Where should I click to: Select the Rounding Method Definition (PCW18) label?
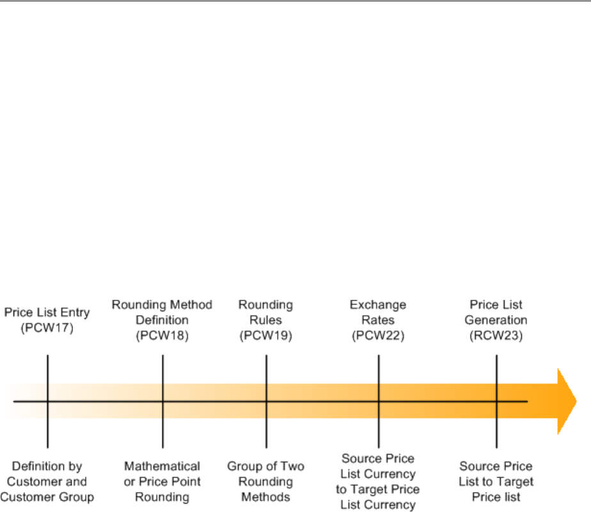coord(162,319)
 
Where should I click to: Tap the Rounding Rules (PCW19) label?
coord(265,319)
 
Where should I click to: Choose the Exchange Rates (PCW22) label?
coord(378,319)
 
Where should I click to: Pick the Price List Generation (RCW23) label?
coord(498,319)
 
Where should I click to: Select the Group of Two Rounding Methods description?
coord(265,481)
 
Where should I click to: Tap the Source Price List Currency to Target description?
coord(378,481)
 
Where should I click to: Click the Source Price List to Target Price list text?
coord(496,481)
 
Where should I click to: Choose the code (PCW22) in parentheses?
coord(378,334)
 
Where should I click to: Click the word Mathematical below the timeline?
coord(162,466)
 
